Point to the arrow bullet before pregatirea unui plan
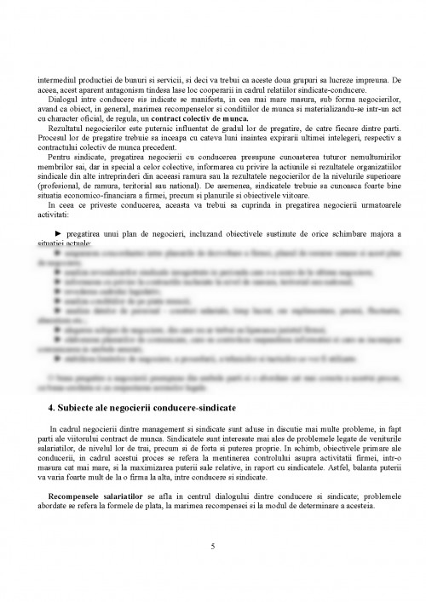[58, 232]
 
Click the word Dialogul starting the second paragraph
[63, 100]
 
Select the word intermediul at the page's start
[56, 81]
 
